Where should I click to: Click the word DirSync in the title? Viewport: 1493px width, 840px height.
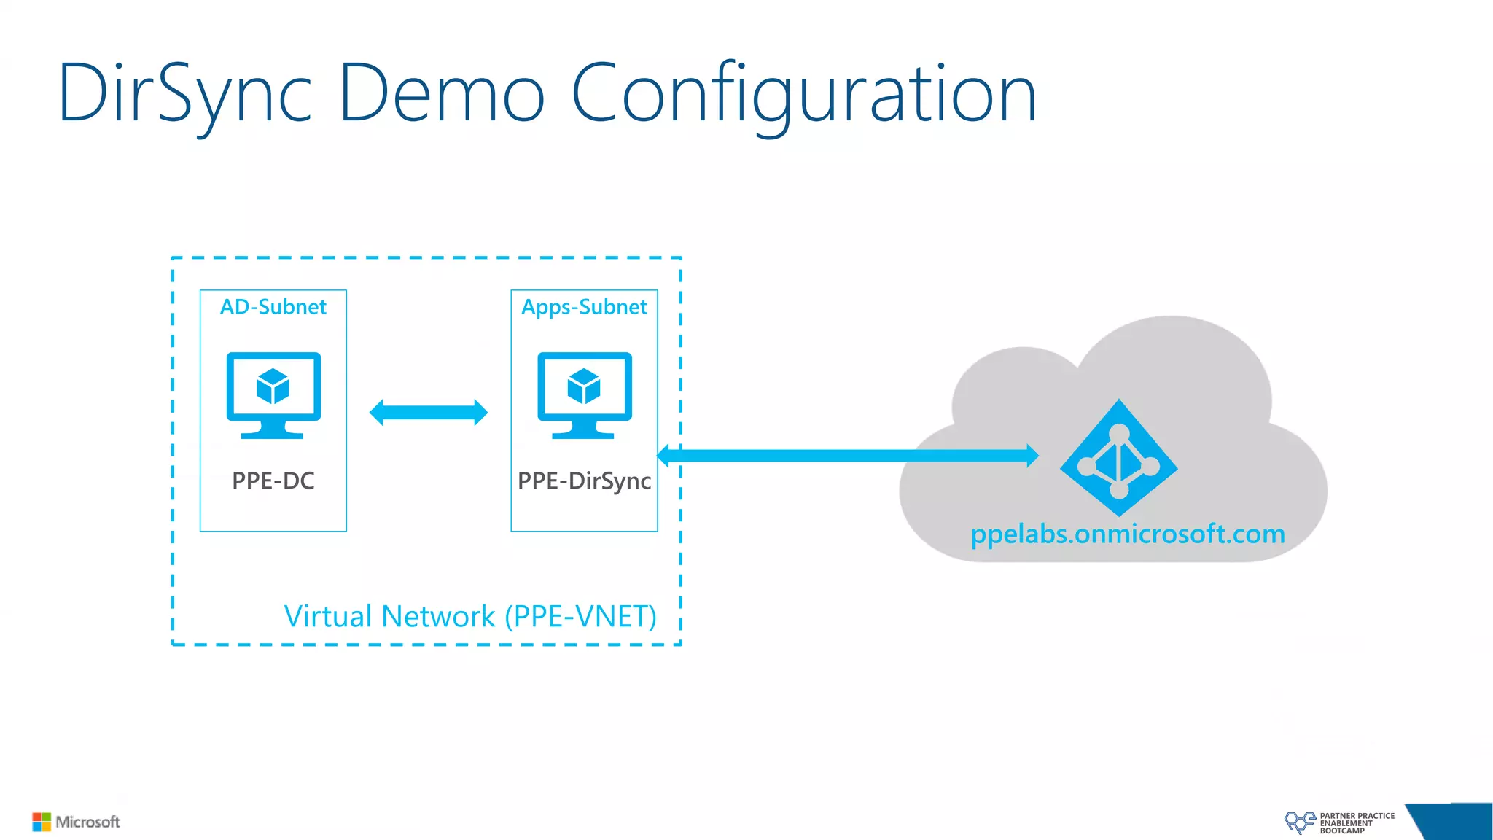(185, 93)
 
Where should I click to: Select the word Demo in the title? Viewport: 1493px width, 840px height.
(441, 93)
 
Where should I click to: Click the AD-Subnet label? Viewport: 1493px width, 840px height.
(273, 307)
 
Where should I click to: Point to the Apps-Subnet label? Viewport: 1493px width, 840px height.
(584, 307)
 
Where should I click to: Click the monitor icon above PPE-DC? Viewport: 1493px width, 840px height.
(273, 394)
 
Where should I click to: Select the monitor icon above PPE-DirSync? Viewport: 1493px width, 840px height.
(585, 394)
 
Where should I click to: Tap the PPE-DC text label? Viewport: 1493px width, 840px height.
(273, 481)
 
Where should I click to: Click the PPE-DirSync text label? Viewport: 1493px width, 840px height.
(584, 481)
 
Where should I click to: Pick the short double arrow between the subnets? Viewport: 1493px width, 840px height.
(429, 412)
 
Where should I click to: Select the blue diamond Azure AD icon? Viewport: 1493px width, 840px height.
(1118, 458)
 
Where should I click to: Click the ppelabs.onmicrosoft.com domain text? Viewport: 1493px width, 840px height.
(1128, 534)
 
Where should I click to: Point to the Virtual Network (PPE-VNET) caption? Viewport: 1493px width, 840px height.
(470, 617)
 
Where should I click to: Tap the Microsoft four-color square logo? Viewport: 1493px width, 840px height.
(42, 822)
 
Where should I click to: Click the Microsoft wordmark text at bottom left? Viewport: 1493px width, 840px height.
(87, 822)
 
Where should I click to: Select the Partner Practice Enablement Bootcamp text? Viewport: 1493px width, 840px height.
(1356, 823)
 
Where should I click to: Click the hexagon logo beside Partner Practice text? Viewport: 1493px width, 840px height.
(1299, 822)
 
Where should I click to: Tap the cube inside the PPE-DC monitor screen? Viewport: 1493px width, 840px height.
(273, 386)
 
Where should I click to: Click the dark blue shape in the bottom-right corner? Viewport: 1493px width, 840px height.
(1454, 822)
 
